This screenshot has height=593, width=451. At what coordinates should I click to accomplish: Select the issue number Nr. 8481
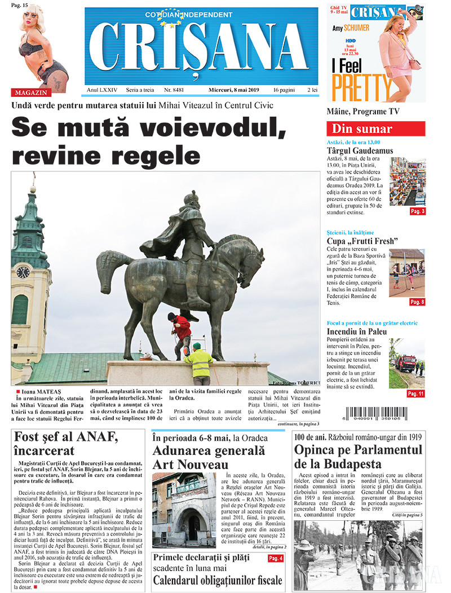[174, 90]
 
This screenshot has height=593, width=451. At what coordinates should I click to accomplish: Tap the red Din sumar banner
[375, 129]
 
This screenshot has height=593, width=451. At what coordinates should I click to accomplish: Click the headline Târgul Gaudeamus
[360, 151]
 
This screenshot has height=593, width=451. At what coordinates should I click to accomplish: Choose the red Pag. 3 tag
[418, 211]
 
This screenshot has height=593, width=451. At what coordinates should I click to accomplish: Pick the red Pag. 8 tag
[417, 302]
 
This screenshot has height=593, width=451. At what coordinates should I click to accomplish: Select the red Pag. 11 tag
[415, 393]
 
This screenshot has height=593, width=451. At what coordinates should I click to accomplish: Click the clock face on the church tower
[23, 272]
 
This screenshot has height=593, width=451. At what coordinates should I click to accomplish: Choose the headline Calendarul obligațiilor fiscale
[218, 580]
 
